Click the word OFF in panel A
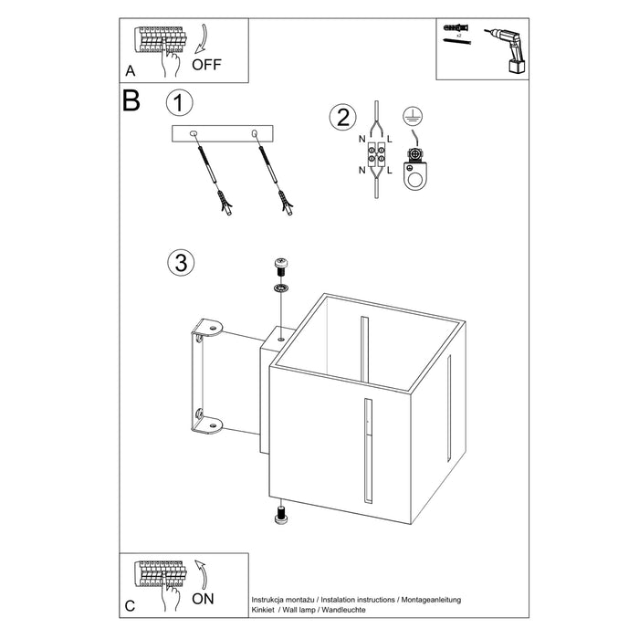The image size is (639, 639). click(206, 64)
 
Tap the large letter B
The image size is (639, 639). click(131, 100)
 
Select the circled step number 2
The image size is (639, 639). click(342, 117)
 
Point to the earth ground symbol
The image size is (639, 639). click(412, 116)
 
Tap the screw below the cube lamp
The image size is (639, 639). click(282, 515)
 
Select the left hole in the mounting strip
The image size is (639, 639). click(194, 135)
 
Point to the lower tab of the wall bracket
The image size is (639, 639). click(209, 422)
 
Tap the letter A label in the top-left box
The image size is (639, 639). click(130, 69)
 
